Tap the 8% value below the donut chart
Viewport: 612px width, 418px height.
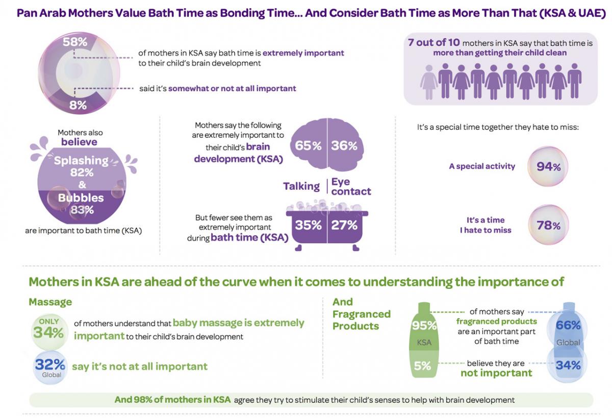(78, 106)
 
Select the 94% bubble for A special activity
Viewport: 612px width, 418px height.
(548, 166)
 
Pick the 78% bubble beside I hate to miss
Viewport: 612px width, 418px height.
(548, 225)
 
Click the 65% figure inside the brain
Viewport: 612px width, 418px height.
(308, 145)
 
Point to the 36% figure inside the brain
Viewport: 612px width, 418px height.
(344, 145)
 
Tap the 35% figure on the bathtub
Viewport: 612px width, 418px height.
(308, 225)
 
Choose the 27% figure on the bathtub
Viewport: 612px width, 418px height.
(344, 225)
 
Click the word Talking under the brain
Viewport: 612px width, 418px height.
(301, 186)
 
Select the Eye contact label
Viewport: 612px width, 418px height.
(351, 187)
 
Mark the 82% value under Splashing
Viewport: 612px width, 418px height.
(82, 173)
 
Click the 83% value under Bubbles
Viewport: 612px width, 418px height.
(82, 210)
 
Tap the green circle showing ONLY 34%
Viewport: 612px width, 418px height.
(49, 330)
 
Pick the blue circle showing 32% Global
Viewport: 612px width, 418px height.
(49, 367)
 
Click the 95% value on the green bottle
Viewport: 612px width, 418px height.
(424, 326)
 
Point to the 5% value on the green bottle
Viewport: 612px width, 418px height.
(422, 365)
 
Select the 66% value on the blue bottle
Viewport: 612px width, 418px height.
(568, 326)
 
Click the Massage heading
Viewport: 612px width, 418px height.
(50, 302)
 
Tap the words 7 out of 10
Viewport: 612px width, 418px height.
(433, 43)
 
